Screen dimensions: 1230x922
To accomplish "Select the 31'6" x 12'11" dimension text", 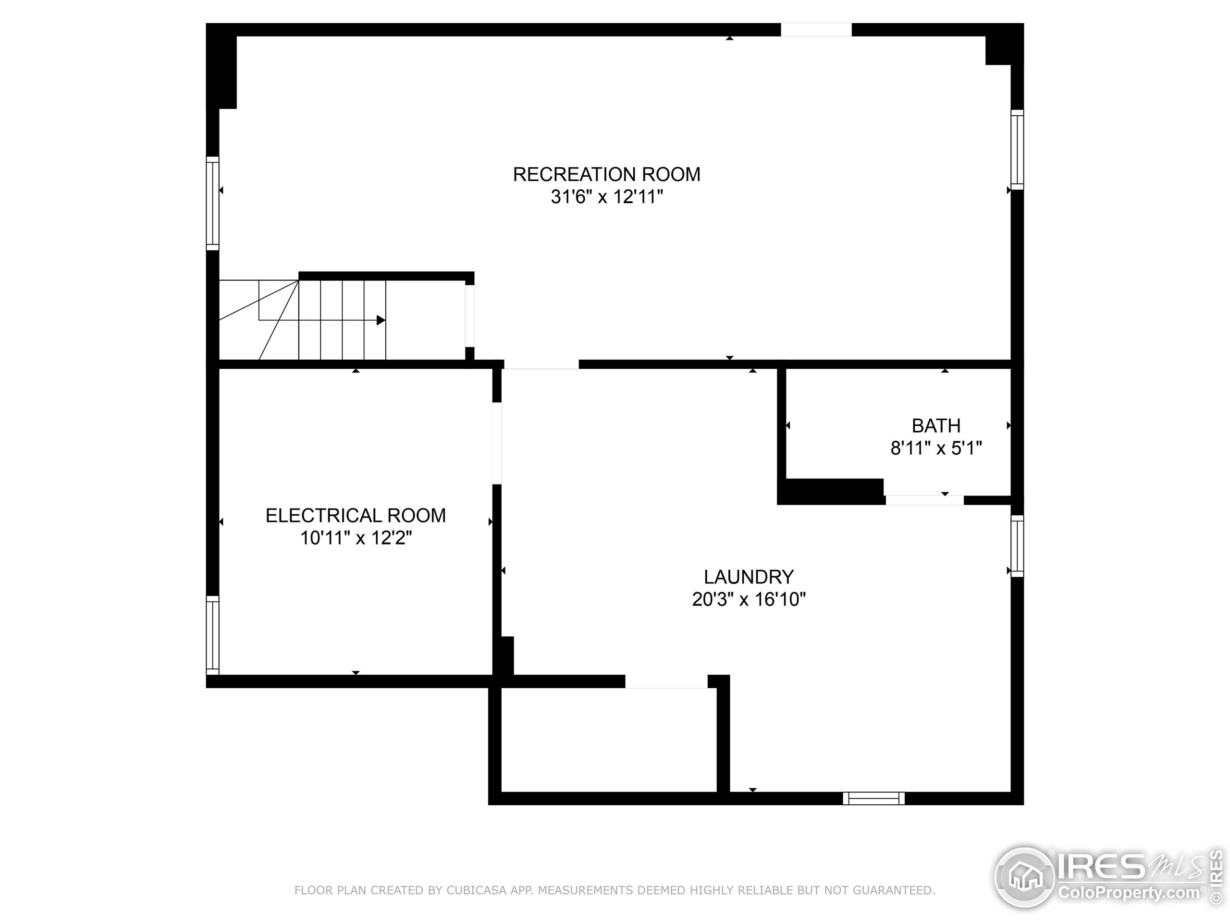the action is point(607,197).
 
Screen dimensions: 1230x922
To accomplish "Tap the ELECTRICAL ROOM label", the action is point(356,516).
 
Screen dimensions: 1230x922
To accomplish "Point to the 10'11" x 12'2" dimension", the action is point(356,538).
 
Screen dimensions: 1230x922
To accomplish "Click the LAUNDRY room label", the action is point(749,577).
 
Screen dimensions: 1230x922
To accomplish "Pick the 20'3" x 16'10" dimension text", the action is point(749,599).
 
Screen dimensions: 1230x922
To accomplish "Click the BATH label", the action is point(936,426).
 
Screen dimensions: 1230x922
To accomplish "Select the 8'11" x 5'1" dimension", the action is point(936,448).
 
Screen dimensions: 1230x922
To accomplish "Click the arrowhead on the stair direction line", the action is point(381,320).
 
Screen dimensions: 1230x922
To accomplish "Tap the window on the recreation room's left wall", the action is point(212,204).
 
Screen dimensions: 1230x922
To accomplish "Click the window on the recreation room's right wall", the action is point(1017,149).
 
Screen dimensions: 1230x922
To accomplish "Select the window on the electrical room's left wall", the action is point(212,635).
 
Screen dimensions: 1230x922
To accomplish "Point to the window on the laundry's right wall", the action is point(1017,546).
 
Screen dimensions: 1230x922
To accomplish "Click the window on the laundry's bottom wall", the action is point(873,798).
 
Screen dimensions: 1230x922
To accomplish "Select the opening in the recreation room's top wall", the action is point(816,29).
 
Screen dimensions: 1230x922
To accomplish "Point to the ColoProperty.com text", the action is point(1128,893).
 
